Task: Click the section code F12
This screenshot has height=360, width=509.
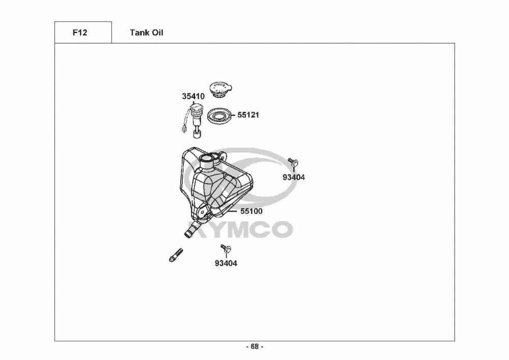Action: pos(80,33)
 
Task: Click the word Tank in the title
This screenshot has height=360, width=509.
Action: pos(138,33)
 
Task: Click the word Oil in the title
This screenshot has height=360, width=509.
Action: pos(157,33)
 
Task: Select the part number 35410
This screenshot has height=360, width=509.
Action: pos(193,96)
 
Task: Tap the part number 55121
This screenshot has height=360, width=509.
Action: pos(249,115)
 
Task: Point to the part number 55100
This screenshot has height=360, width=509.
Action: pos(251,210)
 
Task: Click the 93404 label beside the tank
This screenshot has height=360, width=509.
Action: pos(294,177)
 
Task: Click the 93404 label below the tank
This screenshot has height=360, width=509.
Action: pos(226,263)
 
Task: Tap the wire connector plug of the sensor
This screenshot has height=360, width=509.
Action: pos(182,130)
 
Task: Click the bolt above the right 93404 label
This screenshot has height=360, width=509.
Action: pos(293,162)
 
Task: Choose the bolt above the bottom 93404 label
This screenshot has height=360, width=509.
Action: pos(226,249)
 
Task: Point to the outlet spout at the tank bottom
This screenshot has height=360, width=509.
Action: pos(190,231)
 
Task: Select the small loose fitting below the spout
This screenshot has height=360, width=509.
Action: pos(175,255)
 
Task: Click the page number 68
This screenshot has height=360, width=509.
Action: pos(254,347)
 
